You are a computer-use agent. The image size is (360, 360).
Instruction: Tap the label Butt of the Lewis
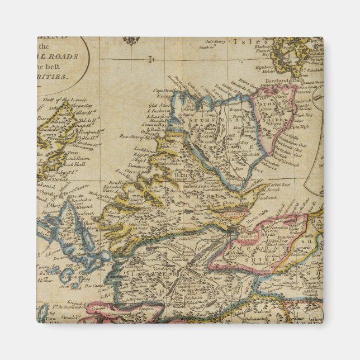59,100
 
